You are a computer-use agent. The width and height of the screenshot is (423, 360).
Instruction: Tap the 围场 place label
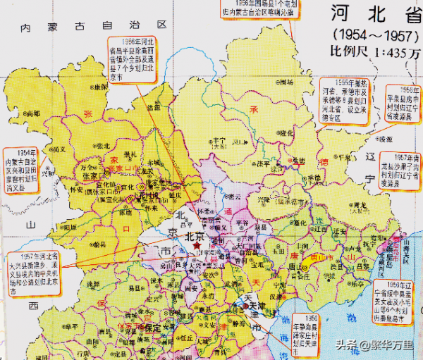point(286,82)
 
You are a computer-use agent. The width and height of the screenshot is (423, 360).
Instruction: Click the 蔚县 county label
point(99,242)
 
